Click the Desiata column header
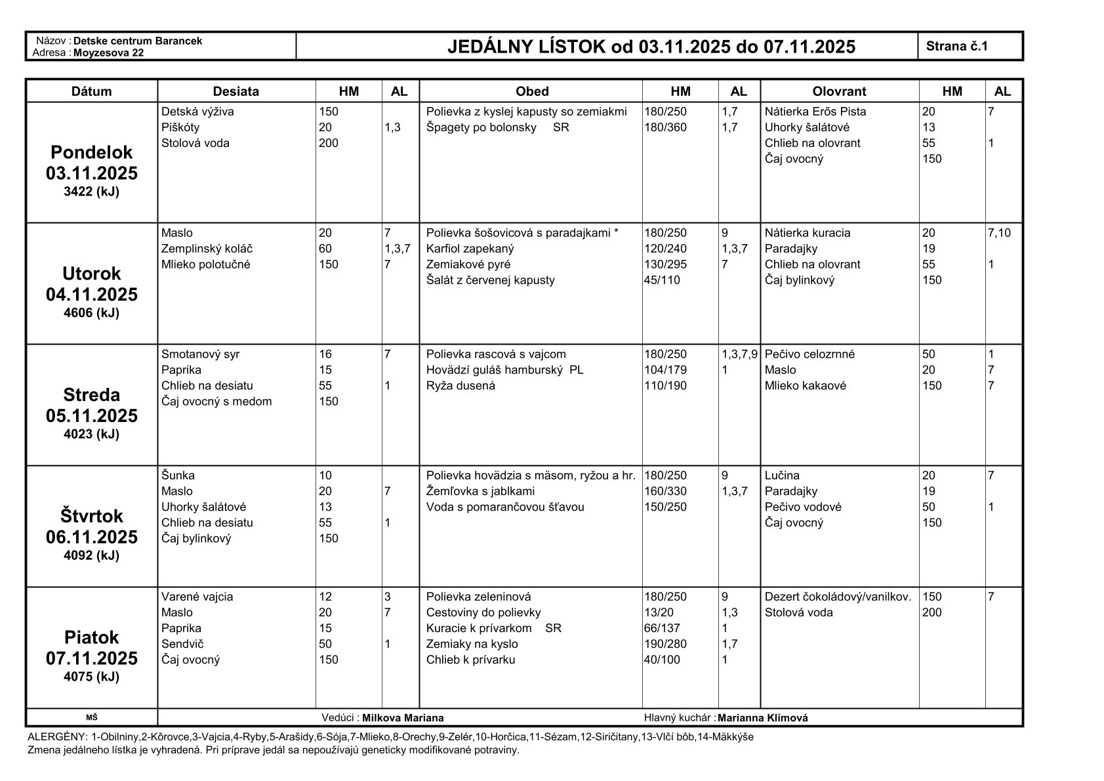tap(235, 91)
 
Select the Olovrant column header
tap(839, 91)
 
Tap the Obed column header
tap(531, 91)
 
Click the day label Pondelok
tap(91, 152)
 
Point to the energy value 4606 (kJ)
tap(91, 312)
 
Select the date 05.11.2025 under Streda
tap(91, 416)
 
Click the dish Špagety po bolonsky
tap(481, 127)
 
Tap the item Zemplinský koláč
tap(207, 249)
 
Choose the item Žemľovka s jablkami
tap(480, 491)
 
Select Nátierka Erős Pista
tap(815, 112)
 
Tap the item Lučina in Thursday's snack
tap(782, 475)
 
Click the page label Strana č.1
tap(956, 46)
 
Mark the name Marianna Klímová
tap(762, 718)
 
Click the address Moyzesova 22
tap(108, 53)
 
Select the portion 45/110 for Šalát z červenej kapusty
tap(662, 280)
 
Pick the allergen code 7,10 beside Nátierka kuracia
tap(1000, 233)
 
